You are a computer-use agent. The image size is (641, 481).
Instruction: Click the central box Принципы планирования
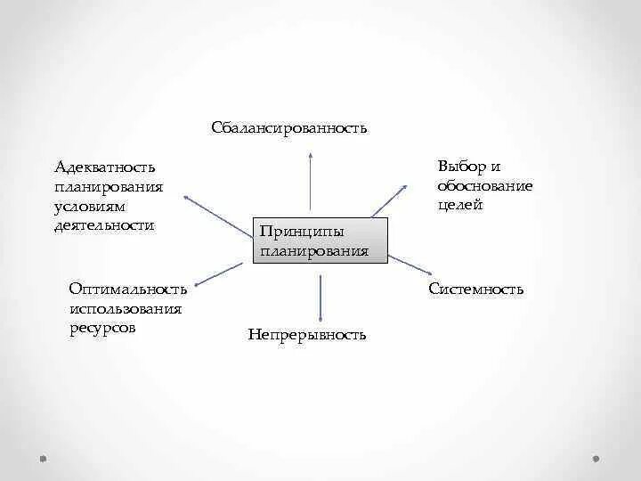[321, 240]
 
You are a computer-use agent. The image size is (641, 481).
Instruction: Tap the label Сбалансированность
[289, 128]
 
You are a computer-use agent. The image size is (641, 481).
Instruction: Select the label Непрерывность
[307, 335]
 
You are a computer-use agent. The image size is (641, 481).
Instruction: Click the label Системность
[475, 289]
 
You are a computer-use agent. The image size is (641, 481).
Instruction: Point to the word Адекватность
[104, 167]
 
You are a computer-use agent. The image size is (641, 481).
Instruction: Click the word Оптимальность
[127, 289]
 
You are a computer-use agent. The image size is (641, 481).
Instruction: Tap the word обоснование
[484, 185]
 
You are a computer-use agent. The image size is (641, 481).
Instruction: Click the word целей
[460, 205]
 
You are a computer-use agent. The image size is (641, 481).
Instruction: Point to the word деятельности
[104, 225]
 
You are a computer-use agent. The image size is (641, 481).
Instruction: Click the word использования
[125, 308]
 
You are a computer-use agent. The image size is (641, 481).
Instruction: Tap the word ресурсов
[102, 328]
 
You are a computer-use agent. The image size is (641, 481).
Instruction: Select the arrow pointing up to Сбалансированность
[311, 183]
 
